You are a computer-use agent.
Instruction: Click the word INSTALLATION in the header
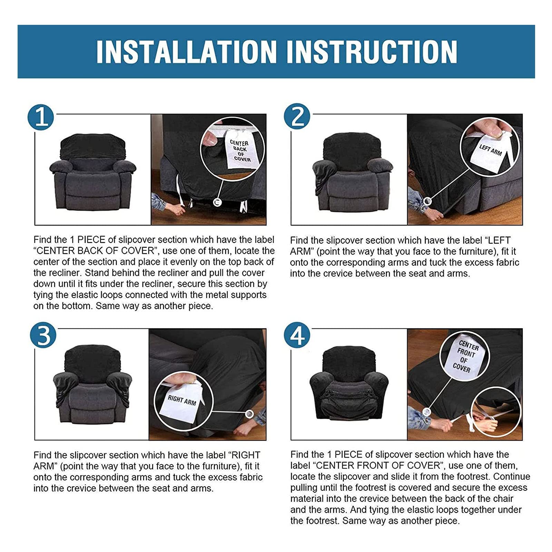(186, 52)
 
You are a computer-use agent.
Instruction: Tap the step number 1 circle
(41, 117)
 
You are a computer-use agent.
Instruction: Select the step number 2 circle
(297, 117)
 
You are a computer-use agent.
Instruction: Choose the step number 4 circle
(297, 335)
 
